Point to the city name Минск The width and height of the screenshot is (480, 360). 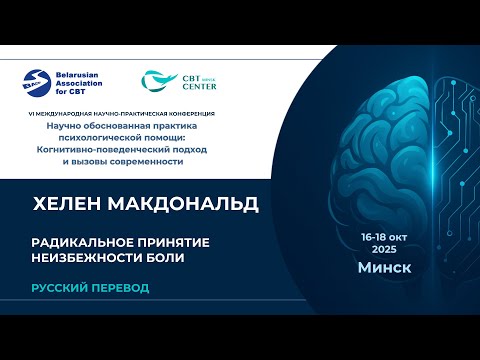click(x=384, y=269)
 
